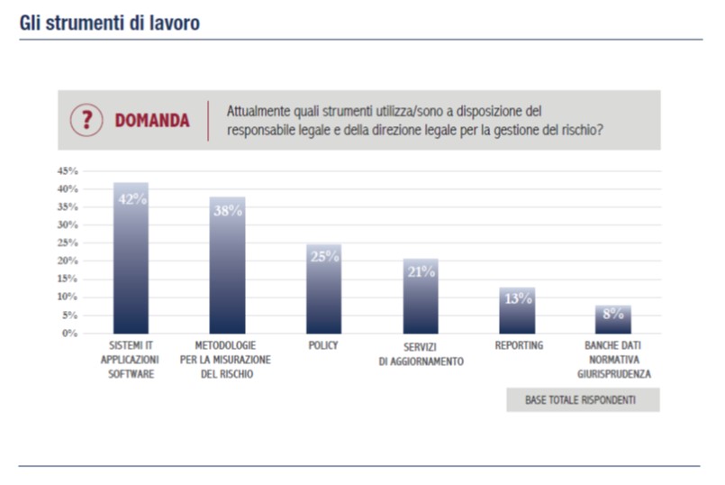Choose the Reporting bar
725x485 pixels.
pos(517,310)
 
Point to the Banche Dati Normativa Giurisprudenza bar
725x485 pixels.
pos(613,319)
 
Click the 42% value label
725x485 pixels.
pos(131,199)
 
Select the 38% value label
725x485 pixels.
pos(228,211)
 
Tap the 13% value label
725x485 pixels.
pos(518,298)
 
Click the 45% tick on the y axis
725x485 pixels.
pos(68,170)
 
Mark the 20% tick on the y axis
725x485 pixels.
pos(68,261)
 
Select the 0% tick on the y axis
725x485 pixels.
pos(70,334)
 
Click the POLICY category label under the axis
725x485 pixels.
pos(324,345)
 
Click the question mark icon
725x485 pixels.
pos(86,120)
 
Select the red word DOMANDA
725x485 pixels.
pos(152,121)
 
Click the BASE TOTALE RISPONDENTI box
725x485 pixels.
pos(582,399)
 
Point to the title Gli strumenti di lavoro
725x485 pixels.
pos(109,23)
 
